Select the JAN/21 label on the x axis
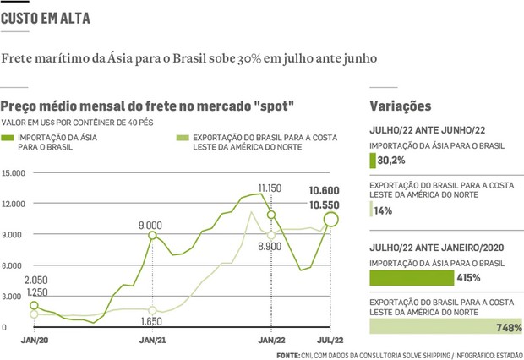pos(153,340)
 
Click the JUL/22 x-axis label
pos(330,340)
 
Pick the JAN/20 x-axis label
pos(34,340)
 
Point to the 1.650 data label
pos(153,322)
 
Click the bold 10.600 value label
pos(325,190)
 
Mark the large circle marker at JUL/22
pos(330,220)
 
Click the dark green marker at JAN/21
pos(153,236)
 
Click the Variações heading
pos(401,106)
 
